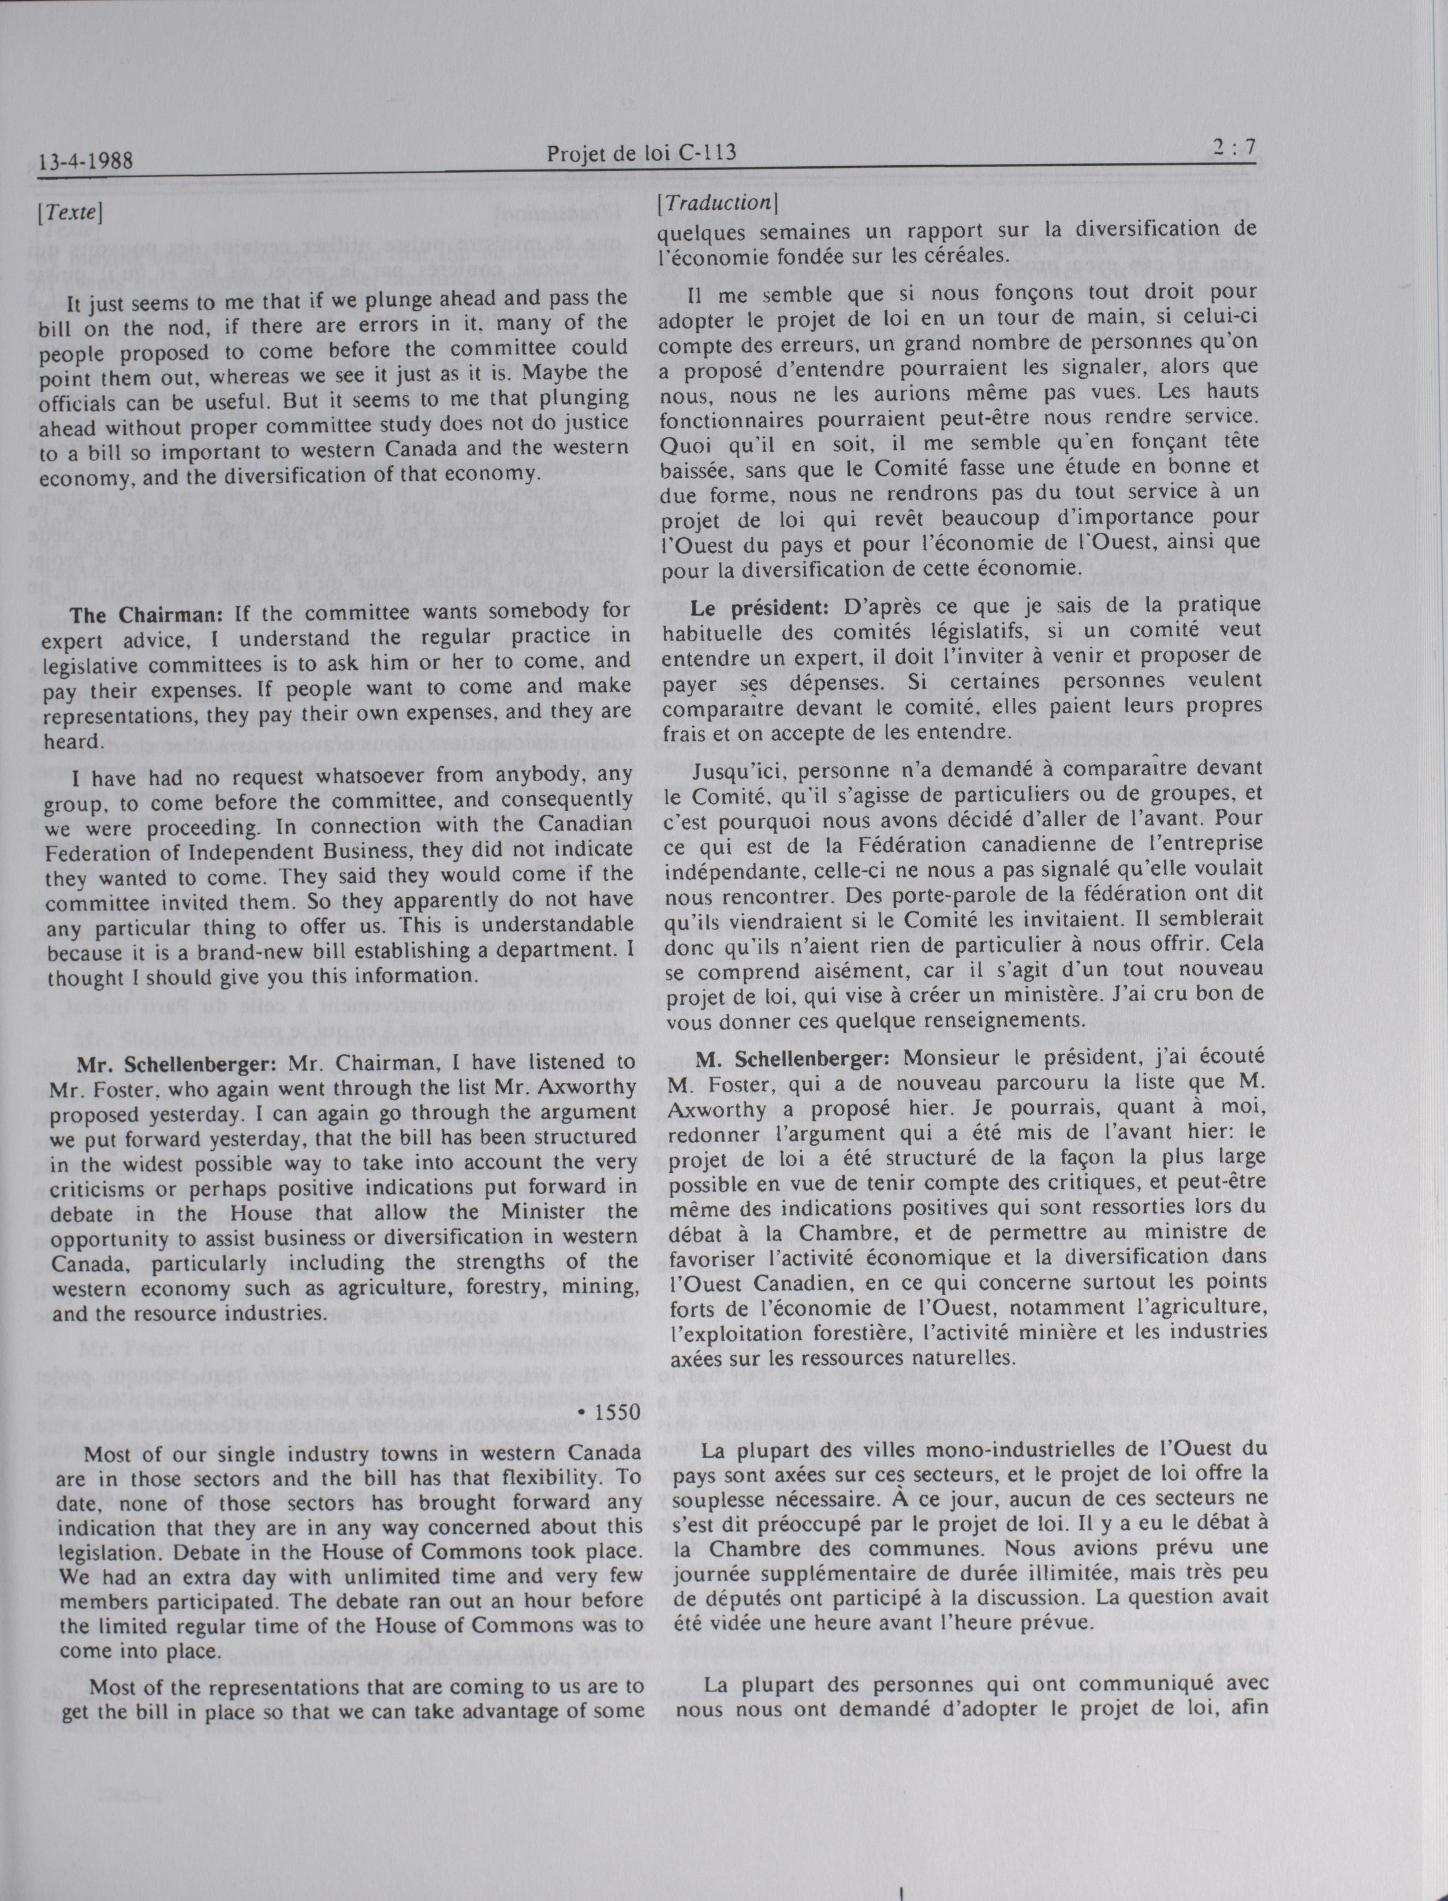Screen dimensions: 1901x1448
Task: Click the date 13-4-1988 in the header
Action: coord(85,161)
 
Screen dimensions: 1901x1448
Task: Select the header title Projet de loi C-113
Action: coord(641,154)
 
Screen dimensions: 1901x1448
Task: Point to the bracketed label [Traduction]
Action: coord(717,203)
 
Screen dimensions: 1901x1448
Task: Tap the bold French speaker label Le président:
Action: coord(759,607)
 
